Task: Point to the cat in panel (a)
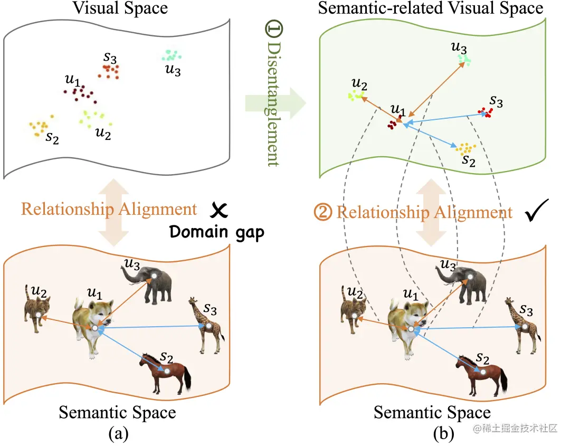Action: point(37,308)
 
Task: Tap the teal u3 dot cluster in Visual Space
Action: point(170,55)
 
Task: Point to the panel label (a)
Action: point(118,433)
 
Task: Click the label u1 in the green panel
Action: point(397,110)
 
